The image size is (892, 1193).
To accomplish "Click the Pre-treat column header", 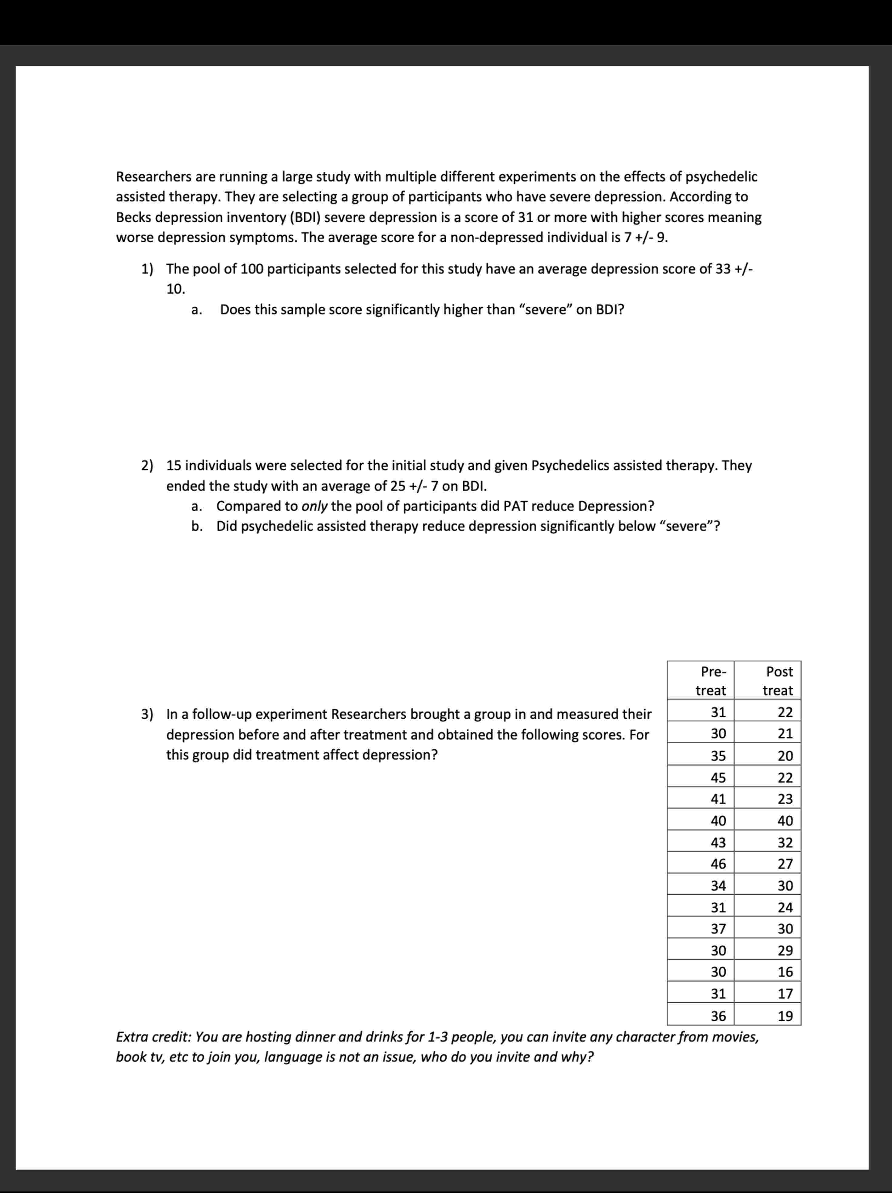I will pyautogui.click(x=711, y=681).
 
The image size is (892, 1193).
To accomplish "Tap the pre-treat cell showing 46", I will pyautogui.click(x=718, y=864).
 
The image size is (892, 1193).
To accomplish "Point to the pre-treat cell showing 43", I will pyautogui.click(x=718, y=842).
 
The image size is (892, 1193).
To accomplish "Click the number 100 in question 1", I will pyautogui.click(x=251, y=268).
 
